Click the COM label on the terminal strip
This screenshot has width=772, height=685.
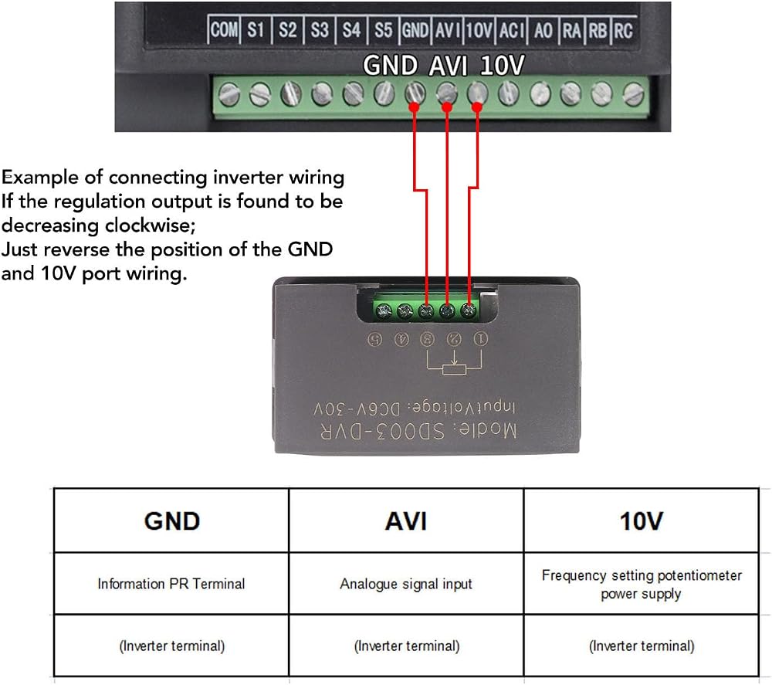point(224,29)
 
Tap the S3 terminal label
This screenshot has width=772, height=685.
point(320,29)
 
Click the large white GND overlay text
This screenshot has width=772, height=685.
point(390,65)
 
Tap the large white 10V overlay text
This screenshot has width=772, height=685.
point(503,65)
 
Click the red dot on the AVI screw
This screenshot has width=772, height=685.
point(446,107)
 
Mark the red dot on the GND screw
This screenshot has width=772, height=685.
point(414,107)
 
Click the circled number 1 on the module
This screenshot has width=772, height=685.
point(480,339)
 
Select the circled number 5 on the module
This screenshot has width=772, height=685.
point(375,339)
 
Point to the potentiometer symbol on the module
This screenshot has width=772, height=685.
point(454,363)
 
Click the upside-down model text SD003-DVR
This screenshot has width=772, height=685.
point(383,431)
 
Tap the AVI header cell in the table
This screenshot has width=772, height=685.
point(406,521)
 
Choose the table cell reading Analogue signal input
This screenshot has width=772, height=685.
point(406,584)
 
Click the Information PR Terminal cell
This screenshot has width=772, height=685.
point(171,584)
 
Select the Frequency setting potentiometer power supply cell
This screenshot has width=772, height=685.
point(641,584)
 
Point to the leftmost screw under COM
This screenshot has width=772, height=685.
point(229,94)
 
